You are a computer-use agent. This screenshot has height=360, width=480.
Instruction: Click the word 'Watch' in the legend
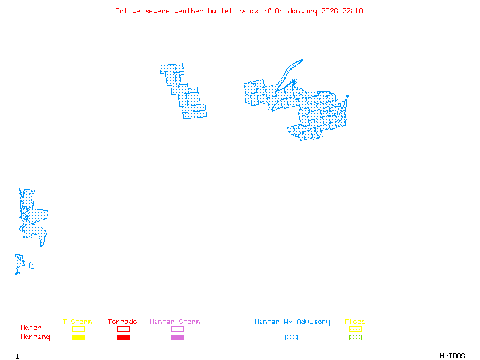point(31,328)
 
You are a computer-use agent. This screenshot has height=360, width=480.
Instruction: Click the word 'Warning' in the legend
point(35,337)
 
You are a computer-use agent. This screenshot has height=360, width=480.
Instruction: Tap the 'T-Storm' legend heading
point(77,322)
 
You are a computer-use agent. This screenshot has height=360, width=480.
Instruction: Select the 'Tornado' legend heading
point(122,322)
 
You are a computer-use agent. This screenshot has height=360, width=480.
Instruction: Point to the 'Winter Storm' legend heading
point(175,322)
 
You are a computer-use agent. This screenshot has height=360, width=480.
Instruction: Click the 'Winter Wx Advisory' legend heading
point(292,322)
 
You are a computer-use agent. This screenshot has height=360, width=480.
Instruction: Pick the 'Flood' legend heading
point(355,322)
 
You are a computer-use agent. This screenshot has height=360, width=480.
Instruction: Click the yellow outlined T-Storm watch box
point(78,329)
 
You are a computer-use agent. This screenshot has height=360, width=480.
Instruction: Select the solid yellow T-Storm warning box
point(78,338)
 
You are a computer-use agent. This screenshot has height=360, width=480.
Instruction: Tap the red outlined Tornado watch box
point(123,329)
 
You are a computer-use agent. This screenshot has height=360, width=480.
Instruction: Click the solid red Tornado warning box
point(123,338)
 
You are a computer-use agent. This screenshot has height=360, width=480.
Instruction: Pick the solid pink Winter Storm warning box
point(177,338)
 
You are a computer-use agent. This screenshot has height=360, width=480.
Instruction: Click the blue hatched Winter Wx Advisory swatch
point(291,338)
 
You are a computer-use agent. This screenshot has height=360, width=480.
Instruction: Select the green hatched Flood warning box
point(355,338)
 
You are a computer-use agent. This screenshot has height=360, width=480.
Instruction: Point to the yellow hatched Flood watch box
point(355,329)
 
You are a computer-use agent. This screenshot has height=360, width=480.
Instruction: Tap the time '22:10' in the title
point(353,11)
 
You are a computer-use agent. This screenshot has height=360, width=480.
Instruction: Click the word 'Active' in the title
point(128,11)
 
